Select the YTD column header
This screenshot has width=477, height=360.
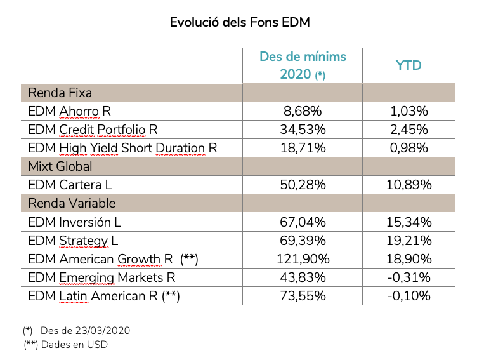(x=408, y=65)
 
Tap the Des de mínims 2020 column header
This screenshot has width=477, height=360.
(x=303, y=65)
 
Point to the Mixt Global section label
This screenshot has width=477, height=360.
(x=60, y=166)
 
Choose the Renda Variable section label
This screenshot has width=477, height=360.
(x=72, y=204)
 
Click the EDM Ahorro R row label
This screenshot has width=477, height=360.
(x=70, y=111)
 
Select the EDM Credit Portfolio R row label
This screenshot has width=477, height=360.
(x=93, y=130)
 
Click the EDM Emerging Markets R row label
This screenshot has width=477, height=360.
(x=101, y=277)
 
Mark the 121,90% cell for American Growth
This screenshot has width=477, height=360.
(x=303, y=259)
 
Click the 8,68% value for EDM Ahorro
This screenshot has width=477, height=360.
(x=303, y=111)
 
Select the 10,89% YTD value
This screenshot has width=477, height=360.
(x=408, y=185)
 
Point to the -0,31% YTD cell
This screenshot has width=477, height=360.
(x=408, y=277)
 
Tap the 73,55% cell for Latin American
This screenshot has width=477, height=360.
(x=303, y=296)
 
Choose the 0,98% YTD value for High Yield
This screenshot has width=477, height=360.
(x=408, y=148)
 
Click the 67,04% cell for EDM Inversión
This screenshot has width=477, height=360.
(x=303, y=222)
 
